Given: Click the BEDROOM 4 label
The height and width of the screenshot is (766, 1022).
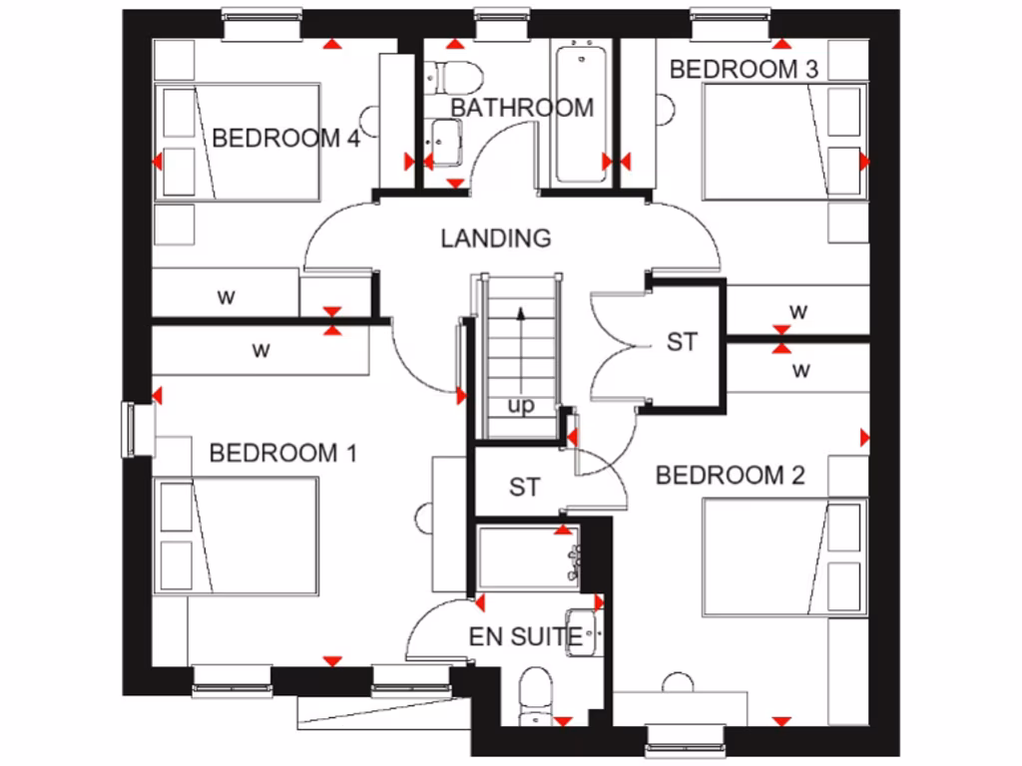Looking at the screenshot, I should (285, 138).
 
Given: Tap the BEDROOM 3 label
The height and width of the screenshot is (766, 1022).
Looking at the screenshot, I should (745, 69).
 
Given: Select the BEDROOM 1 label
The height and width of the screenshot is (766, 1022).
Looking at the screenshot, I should (282, 454).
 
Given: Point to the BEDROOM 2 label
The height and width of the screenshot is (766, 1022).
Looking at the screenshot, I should (730, 476).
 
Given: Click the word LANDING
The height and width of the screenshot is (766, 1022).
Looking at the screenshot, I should (496, 238).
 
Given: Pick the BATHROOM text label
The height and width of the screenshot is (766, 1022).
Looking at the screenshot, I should (522, 108).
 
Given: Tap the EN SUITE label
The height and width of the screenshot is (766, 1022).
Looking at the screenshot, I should (525, 636).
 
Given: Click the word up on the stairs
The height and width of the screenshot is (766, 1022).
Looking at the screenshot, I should (521, 405).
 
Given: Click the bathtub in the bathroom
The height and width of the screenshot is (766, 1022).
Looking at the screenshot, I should (580, 113).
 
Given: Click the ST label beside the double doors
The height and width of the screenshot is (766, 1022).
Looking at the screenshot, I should (682, 342).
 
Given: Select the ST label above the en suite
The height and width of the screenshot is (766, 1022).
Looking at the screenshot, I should (524, 487).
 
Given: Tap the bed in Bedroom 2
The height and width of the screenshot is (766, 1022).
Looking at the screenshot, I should (783, 558).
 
